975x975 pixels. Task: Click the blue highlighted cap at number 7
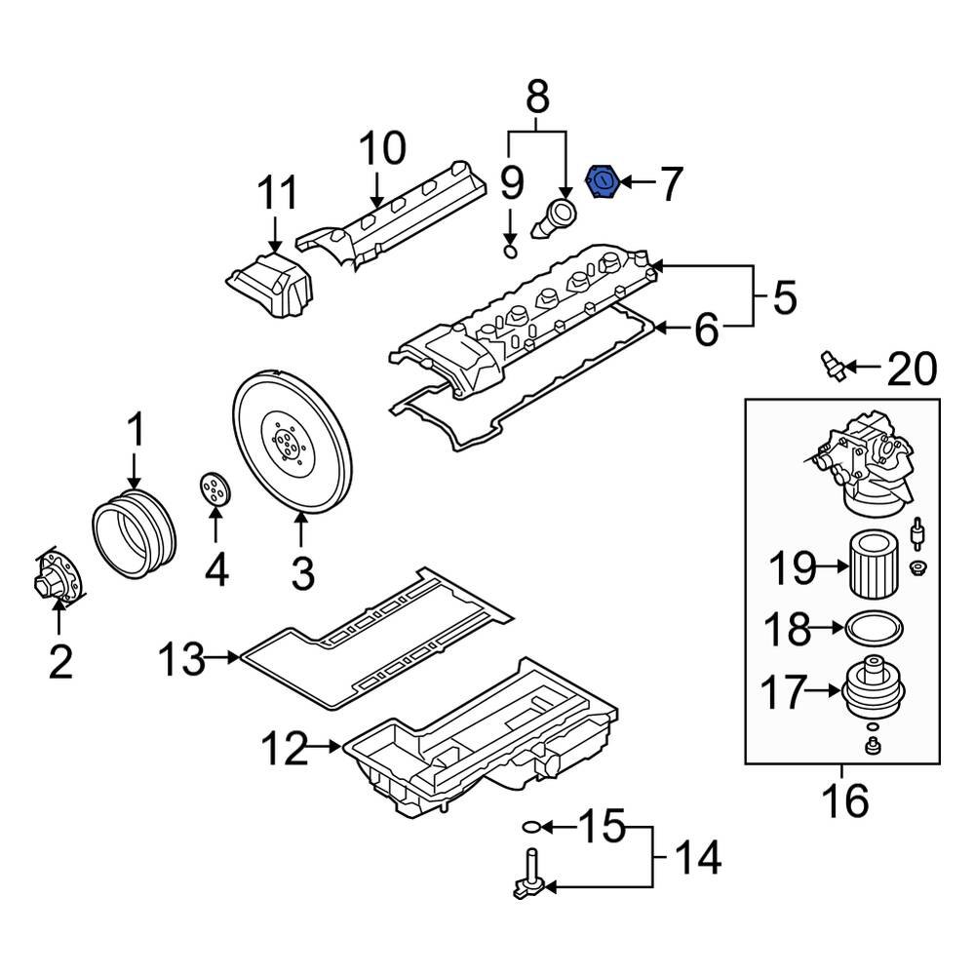tap(603, 182)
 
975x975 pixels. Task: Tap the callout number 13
tap(182, 659)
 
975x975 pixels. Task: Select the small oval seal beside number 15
tap(528, 828)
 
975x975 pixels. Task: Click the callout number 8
tap(537, 98)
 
